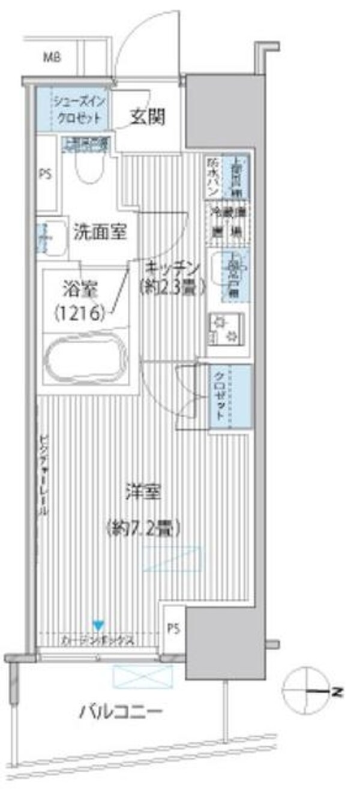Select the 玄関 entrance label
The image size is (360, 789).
point(146,117)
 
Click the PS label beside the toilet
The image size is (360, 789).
point(45,175)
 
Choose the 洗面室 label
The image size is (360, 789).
point(100,232)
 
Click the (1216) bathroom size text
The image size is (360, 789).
point(80,312)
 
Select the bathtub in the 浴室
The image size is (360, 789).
point(85,360)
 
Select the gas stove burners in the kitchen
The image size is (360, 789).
point(227,329)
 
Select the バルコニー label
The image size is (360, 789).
point(120,712)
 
